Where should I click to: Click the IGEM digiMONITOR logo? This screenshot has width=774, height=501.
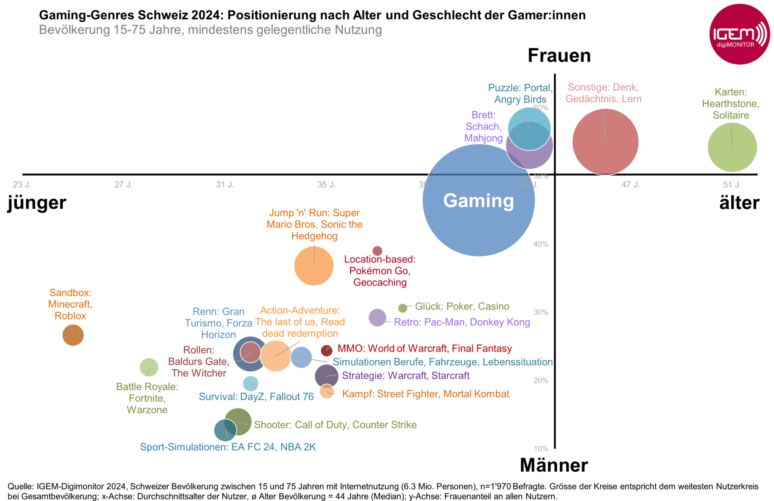point(739,34)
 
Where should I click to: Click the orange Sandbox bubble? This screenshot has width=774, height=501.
point(73,335)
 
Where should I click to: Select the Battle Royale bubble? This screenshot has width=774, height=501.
point(149,368)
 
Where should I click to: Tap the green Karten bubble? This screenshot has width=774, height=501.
point(732,147)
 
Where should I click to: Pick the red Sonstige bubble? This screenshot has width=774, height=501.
point(605,142)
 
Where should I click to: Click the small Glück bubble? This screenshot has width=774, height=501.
point(402,308)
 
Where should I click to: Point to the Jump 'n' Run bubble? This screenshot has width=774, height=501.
point(314,266)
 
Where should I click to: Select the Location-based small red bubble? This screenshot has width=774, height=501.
point(377,251)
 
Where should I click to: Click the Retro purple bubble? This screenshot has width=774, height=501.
point(377,318)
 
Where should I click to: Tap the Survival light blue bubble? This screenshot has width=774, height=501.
point(250,383)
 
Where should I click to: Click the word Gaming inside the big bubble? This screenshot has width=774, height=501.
point(479,201)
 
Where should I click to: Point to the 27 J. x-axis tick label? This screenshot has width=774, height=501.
point(123,185)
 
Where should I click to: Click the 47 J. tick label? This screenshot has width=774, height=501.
point(630,185)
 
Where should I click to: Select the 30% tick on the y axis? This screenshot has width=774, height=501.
point(541,312)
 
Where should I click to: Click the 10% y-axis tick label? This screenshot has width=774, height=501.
point(541,448)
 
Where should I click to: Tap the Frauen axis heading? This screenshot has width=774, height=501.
point(559,56)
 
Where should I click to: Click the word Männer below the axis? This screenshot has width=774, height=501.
point(554,465)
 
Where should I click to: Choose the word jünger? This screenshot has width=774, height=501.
point(37,202)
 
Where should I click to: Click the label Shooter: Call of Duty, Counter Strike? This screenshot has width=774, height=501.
point(335,425)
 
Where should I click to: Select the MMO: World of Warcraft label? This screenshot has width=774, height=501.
point(424,348)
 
